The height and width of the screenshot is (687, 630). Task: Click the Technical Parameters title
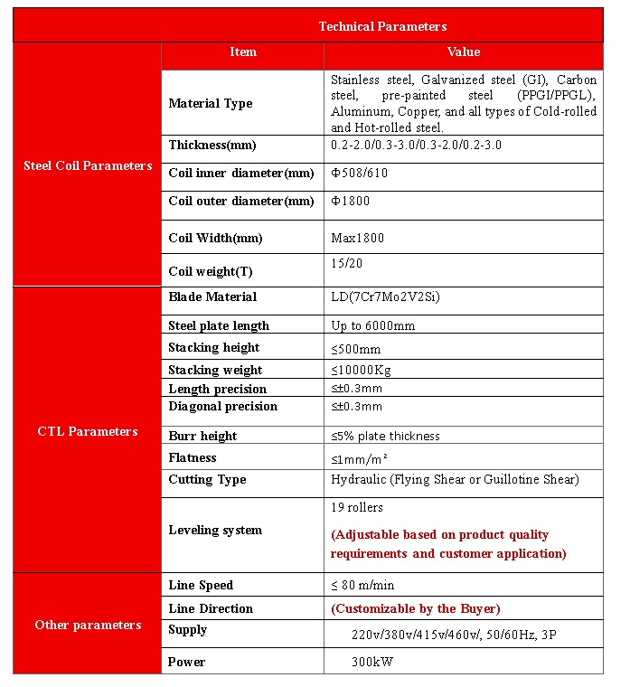382,26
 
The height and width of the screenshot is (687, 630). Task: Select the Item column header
243,52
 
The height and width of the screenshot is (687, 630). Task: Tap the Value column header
464,52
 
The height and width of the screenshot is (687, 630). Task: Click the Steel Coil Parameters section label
88,165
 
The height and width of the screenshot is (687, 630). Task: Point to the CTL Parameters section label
88,431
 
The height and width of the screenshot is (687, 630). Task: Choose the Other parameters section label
88,625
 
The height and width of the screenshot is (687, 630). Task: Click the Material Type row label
211,104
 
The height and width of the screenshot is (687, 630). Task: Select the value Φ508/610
359,173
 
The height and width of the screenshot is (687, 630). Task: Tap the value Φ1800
351,202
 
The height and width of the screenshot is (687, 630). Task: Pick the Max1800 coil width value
358,239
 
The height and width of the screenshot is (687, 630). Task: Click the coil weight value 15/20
346,263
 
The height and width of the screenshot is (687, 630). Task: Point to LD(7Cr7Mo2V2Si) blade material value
386,296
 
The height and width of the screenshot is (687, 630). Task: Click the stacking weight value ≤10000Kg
361,370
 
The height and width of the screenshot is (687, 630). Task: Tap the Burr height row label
202,436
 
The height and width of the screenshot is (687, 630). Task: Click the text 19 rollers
357,507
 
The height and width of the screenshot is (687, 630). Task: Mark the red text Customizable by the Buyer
415,608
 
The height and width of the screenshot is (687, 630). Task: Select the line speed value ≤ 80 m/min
372,586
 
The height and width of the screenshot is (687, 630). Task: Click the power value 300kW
372,662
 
